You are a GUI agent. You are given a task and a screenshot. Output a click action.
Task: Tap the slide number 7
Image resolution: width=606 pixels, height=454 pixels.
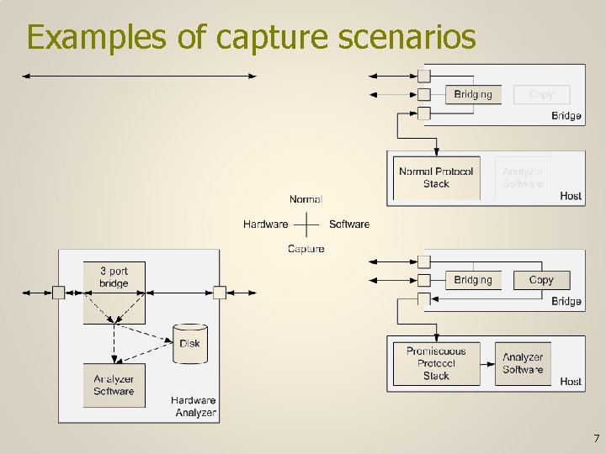point(596,438)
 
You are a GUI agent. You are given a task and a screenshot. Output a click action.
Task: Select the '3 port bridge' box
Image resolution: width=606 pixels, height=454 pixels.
point(114,291)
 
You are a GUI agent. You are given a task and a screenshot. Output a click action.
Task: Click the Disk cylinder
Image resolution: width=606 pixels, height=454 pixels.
point(189,343)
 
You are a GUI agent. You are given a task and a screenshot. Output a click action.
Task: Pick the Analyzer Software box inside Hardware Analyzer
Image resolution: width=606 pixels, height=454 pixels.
point(114,385)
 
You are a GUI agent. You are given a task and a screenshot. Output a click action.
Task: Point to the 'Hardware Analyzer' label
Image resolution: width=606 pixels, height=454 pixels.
point(194,406)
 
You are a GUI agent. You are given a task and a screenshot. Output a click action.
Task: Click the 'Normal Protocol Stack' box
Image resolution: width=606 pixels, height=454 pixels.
point(436,177)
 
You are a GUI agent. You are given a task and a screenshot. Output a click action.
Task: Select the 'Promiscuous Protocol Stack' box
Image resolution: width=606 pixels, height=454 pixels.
point(436,363)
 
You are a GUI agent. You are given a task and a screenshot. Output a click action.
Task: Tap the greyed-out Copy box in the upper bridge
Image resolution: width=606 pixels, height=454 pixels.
point(541,94)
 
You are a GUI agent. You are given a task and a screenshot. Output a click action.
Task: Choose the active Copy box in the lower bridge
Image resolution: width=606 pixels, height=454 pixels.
point(541,280)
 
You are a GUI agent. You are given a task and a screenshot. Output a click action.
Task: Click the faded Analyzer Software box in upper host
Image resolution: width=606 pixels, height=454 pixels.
point(523,177)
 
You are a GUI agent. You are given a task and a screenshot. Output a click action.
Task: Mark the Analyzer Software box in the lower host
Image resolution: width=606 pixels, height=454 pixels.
point(523,363)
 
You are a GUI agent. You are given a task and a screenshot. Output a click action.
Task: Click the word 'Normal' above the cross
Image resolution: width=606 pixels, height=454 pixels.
point(306,199)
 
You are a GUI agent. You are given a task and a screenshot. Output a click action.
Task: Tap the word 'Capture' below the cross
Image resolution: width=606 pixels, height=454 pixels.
point(306,249)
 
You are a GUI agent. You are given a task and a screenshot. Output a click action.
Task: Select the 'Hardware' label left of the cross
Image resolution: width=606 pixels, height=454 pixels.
point(265,224)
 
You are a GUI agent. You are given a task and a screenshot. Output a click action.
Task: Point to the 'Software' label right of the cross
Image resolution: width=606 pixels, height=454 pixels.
point(349,224)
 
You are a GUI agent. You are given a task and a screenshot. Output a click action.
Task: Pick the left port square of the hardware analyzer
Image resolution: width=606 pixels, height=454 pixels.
point(58,293)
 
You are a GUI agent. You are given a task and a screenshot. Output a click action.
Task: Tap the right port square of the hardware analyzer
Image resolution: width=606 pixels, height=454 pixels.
point(220,293)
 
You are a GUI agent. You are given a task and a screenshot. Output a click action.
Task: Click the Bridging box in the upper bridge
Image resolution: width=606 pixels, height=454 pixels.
point(472,94)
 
